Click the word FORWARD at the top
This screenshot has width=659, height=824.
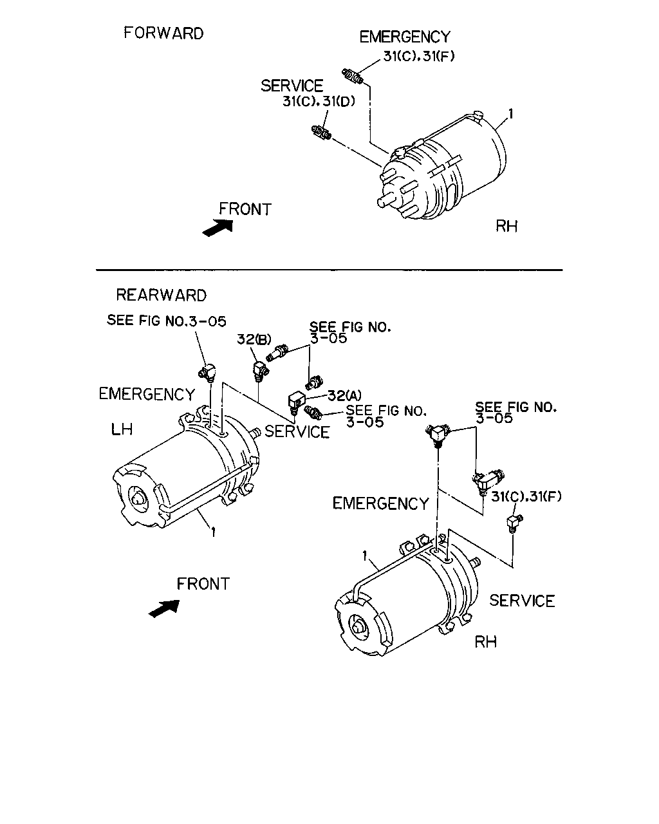[x=163, y=33]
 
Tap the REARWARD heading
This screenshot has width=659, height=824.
[x=161, y=295]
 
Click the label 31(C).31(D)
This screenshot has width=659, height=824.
[x=319, y=102]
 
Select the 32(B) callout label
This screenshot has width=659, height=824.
[x=254, y=339]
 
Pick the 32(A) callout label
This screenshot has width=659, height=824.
[x=345, y=395]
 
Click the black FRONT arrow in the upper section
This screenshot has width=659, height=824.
[x=218, y=228]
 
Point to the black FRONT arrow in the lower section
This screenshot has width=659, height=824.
[x=164, y=608]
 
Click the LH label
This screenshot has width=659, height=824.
[x=122, y=429]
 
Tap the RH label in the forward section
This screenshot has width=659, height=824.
[x=506, y=227]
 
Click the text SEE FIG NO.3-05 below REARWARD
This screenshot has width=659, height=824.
[x=167, y=321]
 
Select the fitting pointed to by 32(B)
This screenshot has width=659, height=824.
[x=261, y=371]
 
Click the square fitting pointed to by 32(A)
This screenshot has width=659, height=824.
[x=296, y=403]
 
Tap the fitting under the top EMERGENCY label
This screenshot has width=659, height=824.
[x=352, y=76]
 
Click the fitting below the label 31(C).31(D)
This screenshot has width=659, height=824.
[x=322, y=133]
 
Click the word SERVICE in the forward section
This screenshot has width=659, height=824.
[x=292, y=86]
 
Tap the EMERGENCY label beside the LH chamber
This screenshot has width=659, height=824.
[x=147, y=394]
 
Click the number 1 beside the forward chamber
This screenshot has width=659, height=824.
[x=510, y=114]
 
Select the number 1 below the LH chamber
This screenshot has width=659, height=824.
[x=213, y=532]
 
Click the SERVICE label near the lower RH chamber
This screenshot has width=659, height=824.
[x=522, y=601]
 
